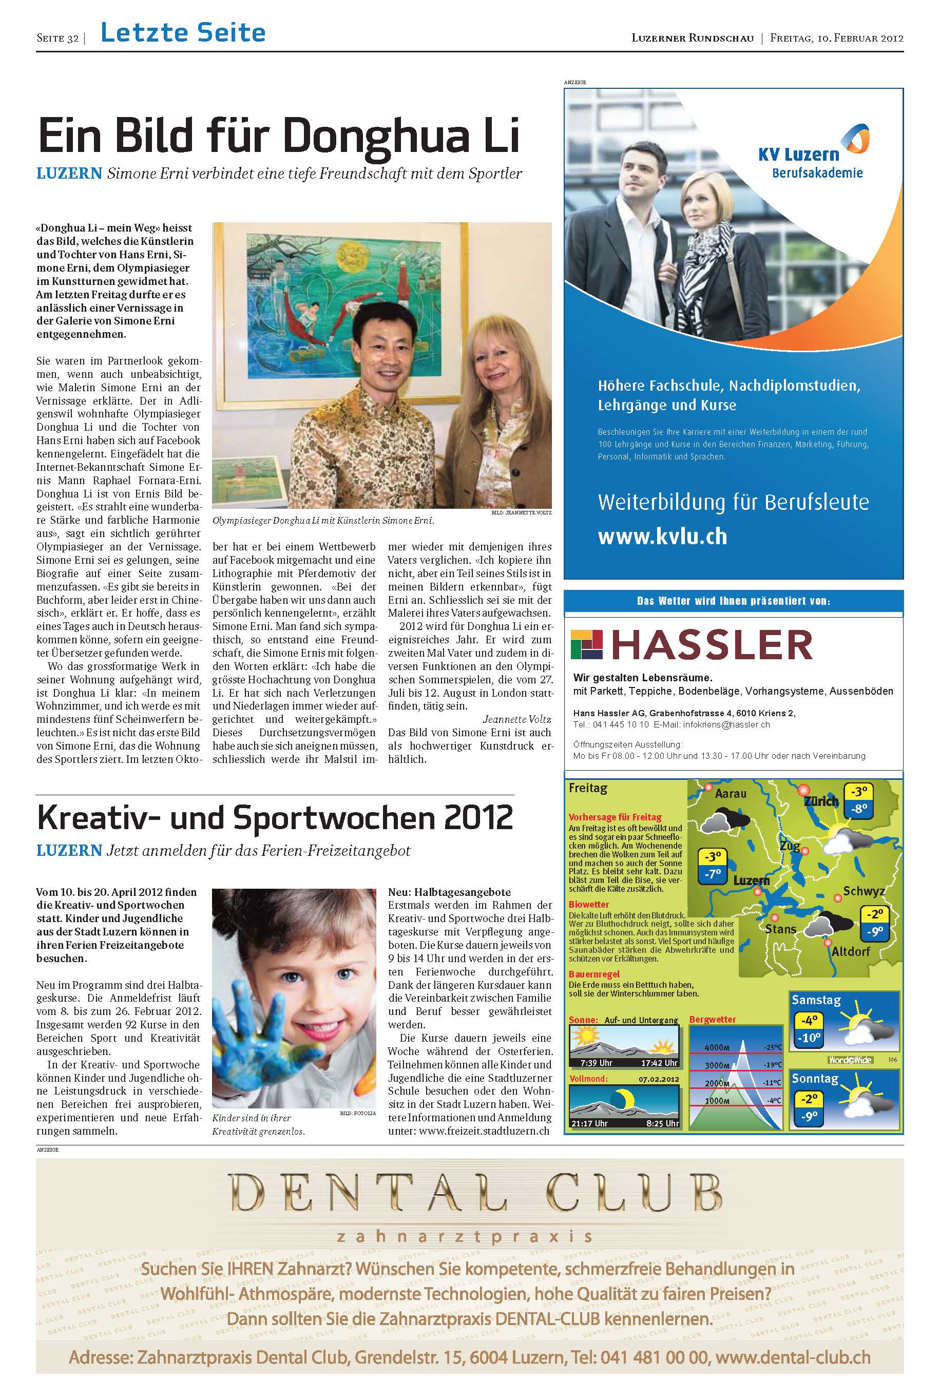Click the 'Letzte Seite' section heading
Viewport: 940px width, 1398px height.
pyautogui.click(x=183, y=33)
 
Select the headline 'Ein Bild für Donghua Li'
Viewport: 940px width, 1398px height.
pyautogui.click(x=278, y=136)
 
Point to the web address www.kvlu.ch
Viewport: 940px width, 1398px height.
pyautogui.click(x=662, y=536)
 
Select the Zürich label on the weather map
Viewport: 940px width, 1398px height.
pyautogui.click(x=821, y=801)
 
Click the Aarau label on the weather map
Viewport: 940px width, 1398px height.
pyautogui.click(x=730, y=794)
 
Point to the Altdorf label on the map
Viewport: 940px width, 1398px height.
pyautogui.click(x=850, y=951)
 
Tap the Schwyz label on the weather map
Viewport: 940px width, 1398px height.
pyautogui.click(x=864, y=891)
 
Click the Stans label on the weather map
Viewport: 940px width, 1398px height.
pyautogui.click(x=780, y=929)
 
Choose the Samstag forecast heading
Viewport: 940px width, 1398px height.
pyautogui.click(x=816, y=1000)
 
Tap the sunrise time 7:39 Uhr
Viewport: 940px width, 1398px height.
pyautogui.click(x=597, y=1063)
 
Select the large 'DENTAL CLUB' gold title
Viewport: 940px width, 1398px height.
pyautogui.click(x=476, y=1193)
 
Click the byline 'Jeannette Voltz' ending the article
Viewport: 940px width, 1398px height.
pyautogui.click(x=517, y=719)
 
